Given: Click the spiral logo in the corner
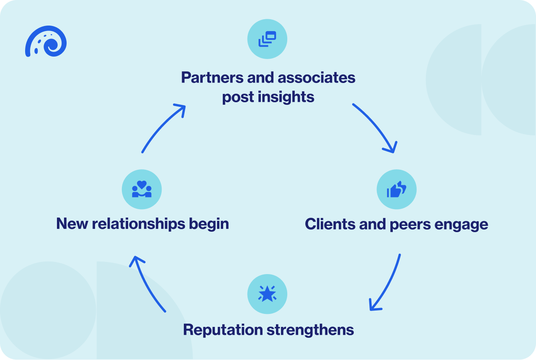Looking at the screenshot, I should [x=46, y=41].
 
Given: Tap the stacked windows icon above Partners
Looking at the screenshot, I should [x=267, y=39].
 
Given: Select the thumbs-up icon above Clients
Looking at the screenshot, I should [x=396, y=189].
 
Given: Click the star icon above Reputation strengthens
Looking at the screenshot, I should [x=267, y=293].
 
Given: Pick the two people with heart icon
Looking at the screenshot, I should [x=142, y=189].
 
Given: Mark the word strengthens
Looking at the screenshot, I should [x=310, y=329].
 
